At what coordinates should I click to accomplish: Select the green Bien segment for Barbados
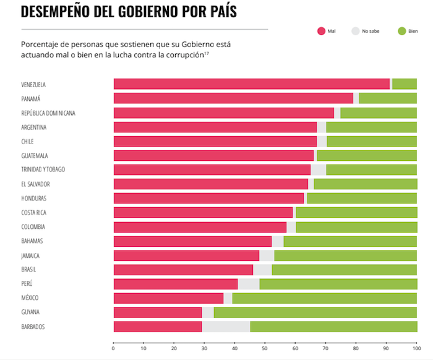pos(333,327)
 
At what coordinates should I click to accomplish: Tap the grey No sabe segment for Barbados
pos(226,327)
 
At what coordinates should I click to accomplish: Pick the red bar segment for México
pos(168,298)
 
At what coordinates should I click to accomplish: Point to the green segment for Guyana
pos(315,312)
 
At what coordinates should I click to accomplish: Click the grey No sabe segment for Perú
pos(248,284)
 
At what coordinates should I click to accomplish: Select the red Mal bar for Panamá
pos(233,98)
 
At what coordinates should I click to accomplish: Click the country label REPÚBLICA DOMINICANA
pos(48,113)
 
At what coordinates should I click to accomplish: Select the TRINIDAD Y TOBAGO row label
pos(43,169)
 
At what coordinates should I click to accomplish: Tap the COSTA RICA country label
pos(33,212)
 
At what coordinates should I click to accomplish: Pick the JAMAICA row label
pos(30,255)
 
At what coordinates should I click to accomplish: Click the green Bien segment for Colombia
pos(356,226)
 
